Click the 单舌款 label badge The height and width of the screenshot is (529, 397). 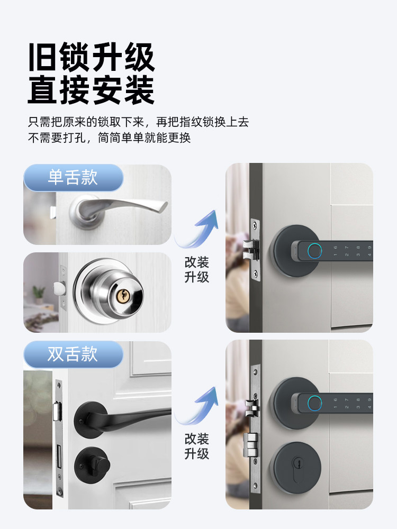(x=73, y=177)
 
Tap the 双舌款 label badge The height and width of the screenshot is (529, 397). (x=73, y=354)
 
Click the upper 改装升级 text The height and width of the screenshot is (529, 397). (x=196, y=269)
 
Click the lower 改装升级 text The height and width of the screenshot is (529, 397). (x=196, y=446)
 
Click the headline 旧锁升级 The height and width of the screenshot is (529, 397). (x=91, y=58)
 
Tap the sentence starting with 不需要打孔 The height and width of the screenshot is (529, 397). (x=109, y=139)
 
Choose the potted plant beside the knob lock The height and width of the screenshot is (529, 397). (x=38, y=293)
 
